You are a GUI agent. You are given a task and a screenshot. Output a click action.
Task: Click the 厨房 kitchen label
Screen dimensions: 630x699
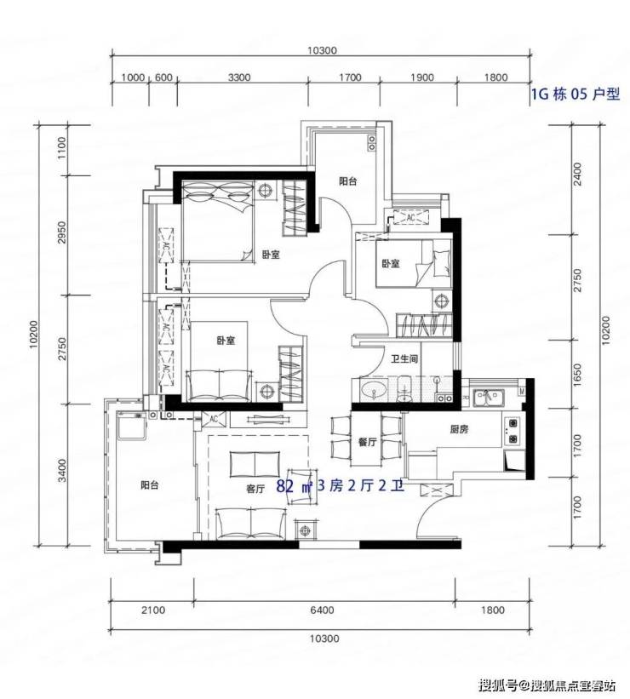coord(459,429)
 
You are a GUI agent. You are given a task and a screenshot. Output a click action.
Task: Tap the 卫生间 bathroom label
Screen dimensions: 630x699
coord(404,358)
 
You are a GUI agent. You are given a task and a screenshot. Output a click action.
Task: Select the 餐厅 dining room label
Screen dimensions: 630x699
coord(368,442)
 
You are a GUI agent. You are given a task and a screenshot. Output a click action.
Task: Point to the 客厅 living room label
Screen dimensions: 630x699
coord(255,489)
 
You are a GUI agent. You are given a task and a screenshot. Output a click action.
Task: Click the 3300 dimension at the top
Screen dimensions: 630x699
coord(239,77)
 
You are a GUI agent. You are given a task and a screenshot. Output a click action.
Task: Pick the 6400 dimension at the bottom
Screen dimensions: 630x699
coord(322,610)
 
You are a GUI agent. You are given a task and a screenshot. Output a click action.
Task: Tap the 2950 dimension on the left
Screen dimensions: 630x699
coord(62,232)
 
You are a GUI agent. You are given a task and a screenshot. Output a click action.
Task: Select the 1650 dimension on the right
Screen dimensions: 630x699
coord(577,375)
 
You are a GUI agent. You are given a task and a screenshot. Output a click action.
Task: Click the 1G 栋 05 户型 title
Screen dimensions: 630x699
coord(576,94)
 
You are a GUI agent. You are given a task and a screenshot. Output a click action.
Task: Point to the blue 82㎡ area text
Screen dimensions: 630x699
coord(295,486)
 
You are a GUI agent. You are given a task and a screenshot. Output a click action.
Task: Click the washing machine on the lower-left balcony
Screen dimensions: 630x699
coord(130,426)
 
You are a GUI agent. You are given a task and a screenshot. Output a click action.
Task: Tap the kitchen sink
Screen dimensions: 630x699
coord(489,398)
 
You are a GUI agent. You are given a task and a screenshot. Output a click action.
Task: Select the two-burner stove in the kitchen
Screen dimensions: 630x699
coord(512,431)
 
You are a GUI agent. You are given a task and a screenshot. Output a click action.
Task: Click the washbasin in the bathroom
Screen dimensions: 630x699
coord(373,391)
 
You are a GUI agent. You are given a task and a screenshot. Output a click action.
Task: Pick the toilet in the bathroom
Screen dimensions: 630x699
coord(404,390)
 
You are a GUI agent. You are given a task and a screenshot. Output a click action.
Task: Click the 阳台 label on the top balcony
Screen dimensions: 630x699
coord(347,181)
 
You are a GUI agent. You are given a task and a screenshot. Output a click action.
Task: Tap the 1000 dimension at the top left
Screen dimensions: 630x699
coord(133,77)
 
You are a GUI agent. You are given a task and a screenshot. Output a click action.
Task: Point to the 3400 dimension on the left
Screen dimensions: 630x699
coord(62,470)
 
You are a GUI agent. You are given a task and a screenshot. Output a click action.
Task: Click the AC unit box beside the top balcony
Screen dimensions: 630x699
coord(410,218)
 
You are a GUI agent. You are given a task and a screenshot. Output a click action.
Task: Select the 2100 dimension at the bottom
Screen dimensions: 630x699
coord(153,610)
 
